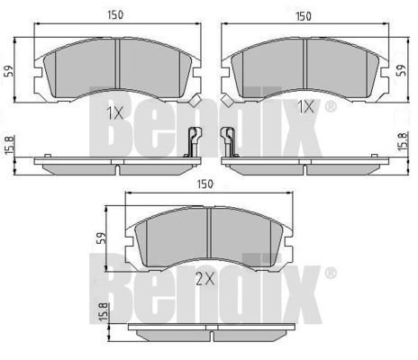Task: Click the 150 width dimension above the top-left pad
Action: [x=115, y=14]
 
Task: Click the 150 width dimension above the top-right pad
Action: [x=304, y=16]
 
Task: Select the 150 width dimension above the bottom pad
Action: [x=205, y=184]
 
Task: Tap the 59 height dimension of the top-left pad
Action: [x=9, y=71]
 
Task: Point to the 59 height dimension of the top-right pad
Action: [x=402, y=70]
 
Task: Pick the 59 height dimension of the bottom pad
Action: [x=102, y=238]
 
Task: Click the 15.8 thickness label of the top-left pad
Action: [x=9, y=146]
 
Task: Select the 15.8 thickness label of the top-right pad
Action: [x=403, y=141]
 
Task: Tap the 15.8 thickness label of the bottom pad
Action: [x=103, y=312]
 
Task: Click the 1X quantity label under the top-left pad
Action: [x=115, y=113]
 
